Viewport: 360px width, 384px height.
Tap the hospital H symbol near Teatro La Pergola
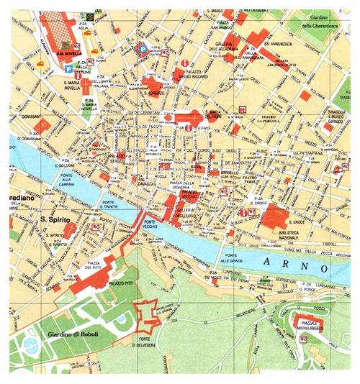pyautogui.click(x=242, y=110)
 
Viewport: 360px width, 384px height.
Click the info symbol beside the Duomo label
pyautogui.click(x=188, y=127)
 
